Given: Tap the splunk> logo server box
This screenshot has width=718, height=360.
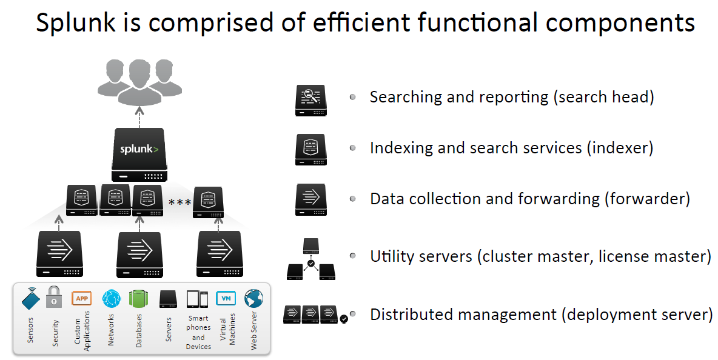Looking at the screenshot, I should pyautogui.click(x=140, y=154).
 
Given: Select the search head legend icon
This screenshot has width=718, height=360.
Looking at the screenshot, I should pyautogui.click(x=311, y=101).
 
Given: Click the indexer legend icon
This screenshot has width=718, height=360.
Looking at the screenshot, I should pyautogui.click(x=311, y=149).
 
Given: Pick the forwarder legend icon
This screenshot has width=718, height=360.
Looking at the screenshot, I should pyautogui.click(x=311, y=199).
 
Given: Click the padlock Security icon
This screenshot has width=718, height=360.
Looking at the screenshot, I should pyautogui.click(x=55, y=297).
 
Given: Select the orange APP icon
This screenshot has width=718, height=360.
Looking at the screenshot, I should pyautogui.click(x=82, y=298).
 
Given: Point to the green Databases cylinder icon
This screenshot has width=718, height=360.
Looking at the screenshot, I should pyautogui.click(x=139, y=299).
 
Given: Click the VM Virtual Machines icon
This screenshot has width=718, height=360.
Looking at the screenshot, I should pyautogui.click(x=226, y=298).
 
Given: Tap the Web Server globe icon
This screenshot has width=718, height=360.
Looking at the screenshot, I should pyautogui.click(x=253, y=298).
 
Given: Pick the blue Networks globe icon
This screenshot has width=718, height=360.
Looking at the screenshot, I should pyautogui.click(x=111, y=299).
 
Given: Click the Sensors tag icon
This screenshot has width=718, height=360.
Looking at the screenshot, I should pyautogui.click(x=31, y=298).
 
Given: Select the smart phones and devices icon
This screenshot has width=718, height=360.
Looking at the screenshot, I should pyautogui.click(x=197, y=299).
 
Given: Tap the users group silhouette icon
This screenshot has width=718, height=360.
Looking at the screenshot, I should pyautogui.click(x=140, y=81).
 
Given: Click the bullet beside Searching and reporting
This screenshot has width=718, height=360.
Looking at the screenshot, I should pyautogui.click(x=352, y=97).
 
